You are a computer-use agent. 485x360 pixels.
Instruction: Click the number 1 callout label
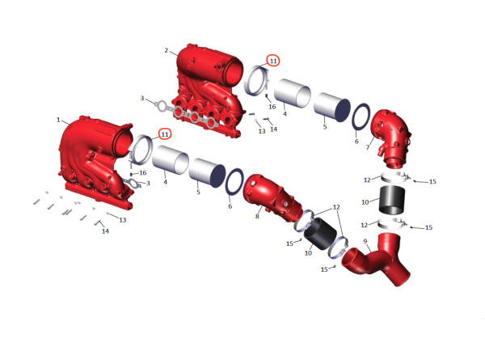coord(58,120)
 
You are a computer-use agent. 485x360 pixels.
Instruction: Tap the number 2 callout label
coord(167,50)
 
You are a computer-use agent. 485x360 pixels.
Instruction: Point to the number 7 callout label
coord(368,147)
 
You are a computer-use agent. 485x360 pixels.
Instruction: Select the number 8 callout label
coord(257,216)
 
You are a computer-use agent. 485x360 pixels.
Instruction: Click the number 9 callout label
coord(365,241)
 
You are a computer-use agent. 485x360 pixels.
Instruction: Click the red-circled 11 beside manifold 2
coord(273,61)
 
